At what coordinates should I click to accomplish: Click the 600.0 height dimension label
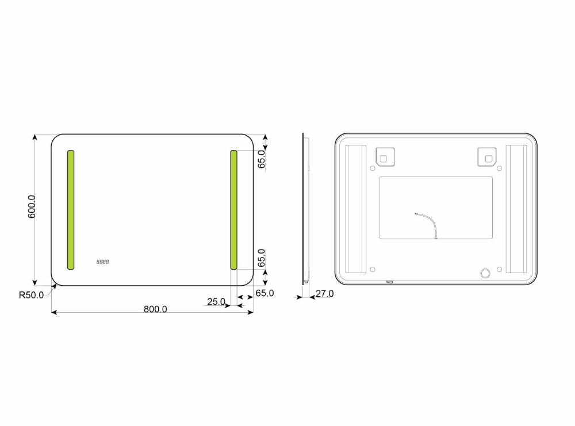pos(32,206)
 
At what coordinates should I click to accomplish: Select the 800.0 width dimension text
pos(155,309)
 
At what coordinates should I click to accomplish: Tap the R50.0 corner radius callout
pos(31,295)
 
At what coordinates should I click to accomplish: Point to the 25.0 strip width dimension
pos(216,301)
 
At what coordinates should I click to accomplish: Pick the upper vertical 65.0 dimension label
pos(261,159)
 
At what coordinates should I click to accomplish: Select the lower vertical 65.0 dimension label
pos(261,259)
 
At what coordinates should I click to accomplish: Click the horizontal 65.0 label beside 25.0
pos(264,293)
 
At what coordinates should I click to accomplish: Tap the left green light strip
pos(71,210)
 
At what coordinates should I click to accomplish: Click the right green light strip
pos(233,210)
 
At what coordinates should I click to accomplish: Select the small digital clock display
pos(103,262)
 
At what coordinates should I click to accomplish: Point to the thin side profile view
pos(304,208)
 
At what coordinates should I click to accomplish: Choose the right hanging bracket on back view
pos(487,156)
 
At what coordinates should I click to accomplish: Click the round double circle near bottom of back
pos(485,274)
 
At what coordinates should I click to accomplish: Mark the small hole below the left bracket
pos(373,168)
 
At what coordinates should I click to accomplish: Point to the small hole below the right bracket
pos(499,168)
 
